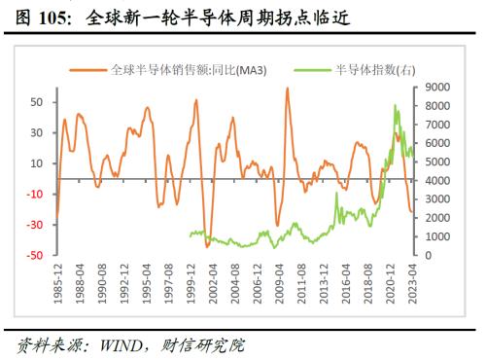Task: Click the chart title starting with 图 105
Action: click(184, 18)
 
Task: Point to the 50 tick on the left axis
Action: click(36, 101)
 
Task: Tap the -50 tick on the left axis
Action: click(34, 255)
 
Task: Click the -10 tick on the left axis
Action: click(34, 194)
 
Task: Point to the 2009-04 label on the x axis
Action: click(278, 285)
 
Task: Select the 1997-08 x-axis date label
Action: click(169, 285)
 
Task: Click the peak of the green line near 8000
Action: click(396, 105)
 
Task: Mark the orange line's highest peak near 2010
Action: click(288, 89)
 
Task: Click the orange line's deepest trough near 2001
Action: click(207, 246)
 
